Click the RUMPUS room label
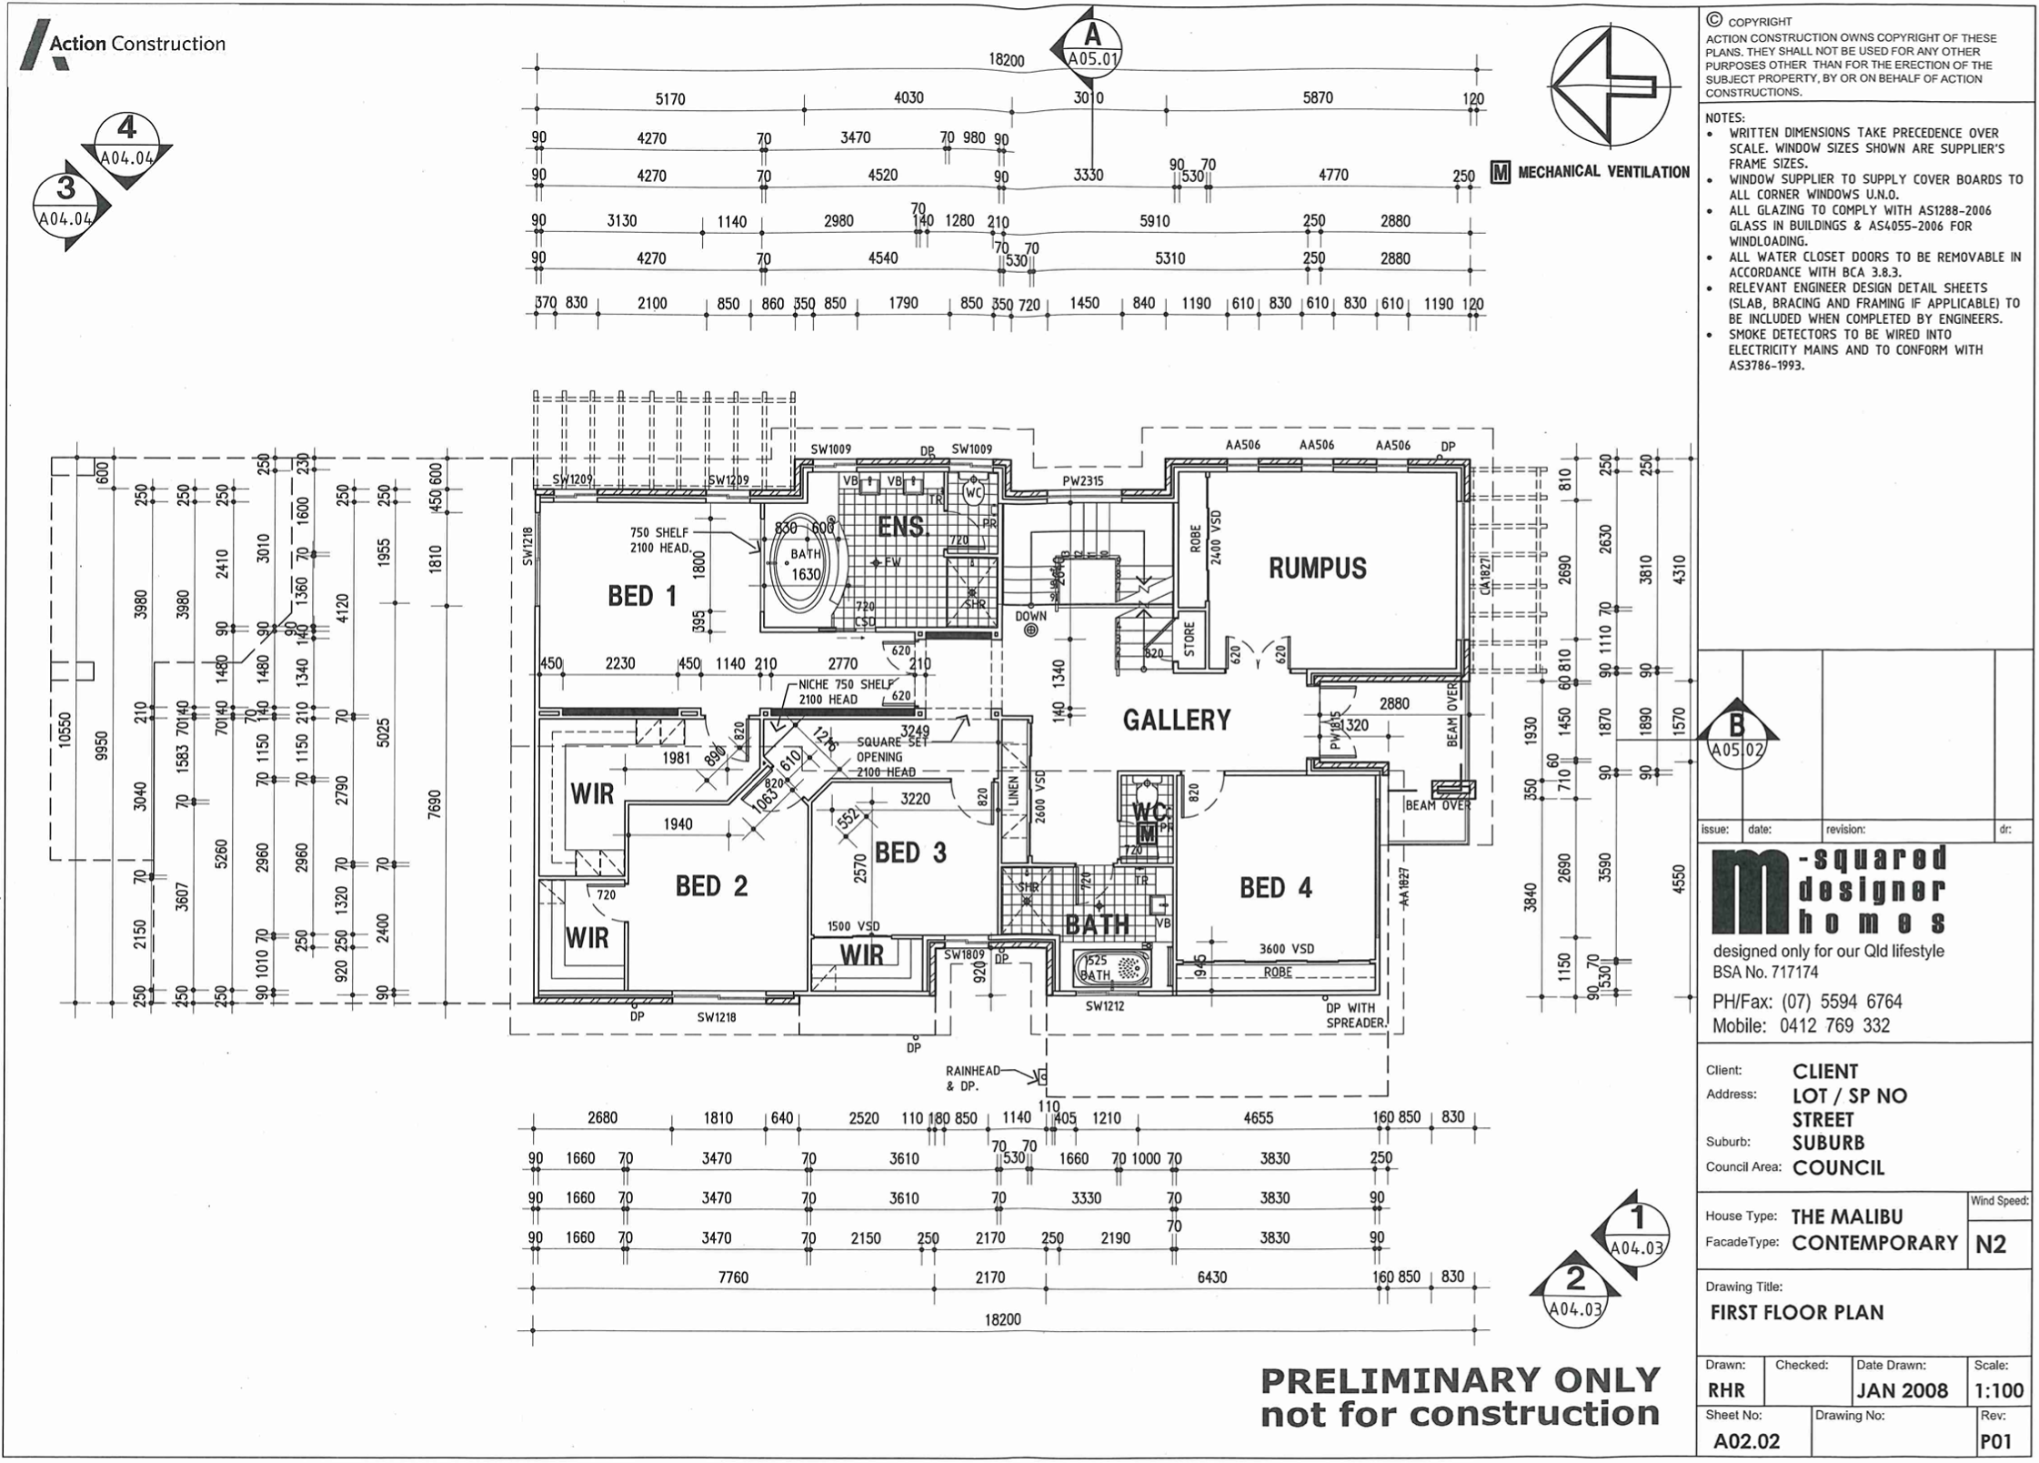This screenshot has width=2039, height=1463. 1317,569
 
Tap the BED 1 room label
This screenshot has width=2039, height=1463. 642,597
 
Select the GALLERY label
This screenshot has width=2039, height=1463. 1176,721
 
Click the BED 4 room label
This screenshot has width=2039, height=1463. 1275,888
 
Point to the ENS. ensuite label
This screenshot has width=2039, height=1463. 900,527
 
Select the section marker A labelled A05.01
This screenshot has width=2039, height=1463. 1091,45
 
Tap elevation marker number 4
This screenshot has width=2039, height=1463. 127,141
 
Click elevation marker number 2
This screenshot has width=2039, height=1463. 1574,1290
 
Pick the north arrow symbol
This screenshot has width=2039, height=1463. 1610,86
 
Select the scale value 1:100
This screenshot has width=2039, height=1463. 1998,1390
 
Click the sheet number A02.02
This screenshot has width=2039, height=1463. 1746,1441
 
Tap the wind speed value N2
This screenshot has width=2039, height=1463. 1990,1244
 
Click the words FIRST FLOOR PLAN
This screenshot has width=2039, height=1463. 1796,1313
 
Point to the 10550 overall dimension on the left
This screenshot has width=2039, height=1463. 65,730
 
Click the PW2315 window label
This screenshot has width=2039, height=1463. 1082,480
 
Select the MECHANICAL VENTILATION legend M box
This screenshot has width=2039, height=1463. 1500,171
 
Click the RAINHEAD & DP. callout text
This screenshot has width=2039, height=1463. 972,1078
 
